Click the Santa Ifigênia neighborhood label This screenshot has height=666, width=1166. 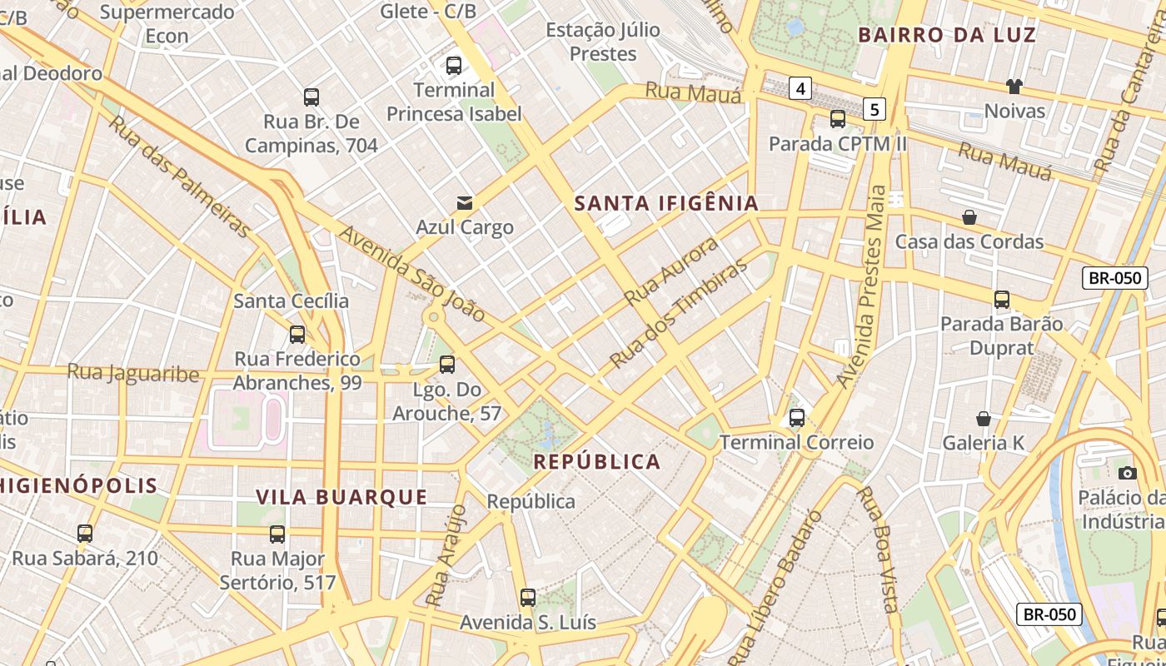[x=666, y=203]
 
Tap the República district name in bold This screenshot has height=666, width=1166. [x=596, y=462]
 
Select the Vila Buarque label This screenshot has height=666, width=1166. [x=341, y=498]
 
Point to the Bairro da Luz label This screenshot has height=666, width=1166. [x=947, y=35]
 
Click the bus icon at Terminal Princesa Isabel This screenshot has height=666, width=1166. [x=454, y=66]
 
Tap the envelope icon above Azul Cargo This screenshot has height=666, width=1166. [x=464, y=203]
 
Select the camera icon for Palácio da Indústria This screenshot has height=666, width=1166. [x=1127, y=473]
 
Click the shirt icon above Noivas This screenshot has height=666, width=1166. [x=1014, y=86]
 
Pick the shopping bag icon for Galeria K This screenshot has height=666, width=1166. [x=984, y=418]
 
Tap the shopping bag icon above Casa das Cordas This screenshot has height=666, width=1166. [x=969, y=217]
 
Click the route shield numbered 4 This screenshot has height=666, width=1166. [x=800, y=88]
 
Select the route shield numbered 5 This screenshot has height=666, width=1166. [x=873, y=108]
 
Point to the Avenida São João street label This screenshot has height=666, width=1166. [x=411, y=274]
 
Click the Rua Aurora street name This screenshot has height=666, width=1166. [x=670, y=271]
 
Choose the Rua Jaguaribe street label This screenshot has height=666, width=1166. [x=133, y=372]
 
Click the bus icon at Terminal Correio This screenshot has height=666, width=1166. [x=797, y=418]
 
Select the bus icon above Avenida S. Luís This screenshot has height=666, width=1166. [x=527, y=598]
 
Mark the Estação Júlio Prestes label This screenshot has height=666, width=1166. [x=603, y=42]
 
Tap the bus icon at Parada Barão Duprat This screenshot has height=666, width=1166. [x=1001, y=300]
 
